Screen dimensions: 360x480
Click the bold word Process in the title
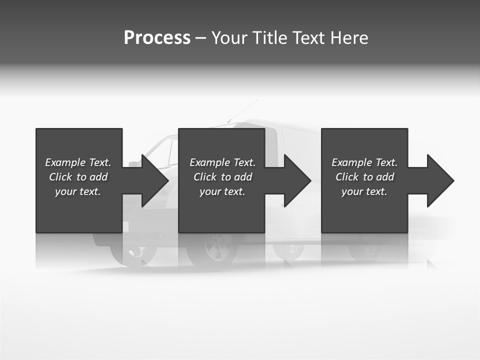pos(157,38)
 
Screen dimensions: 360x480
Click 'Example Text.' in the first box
pos(78,162)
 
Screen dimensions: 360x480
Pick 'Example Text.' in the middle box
pos(222,162)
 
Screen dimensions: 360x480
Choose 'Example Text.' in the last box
pos(364,162)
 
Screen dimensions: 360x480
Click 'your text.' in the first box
pos(78,191)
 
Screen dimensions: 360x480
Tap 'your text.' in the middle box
pos(222,191)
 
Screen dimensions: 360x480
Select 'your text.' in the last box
pos(364,191)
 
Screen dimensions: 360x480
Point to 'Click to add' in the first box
pos(78,177)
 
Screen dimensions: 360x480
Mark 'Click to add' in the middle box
pos(222,177)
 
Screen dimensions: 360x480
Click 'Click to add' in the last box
pos(364,177)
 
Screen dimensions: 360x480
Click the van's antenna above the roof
pos(243,110)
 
